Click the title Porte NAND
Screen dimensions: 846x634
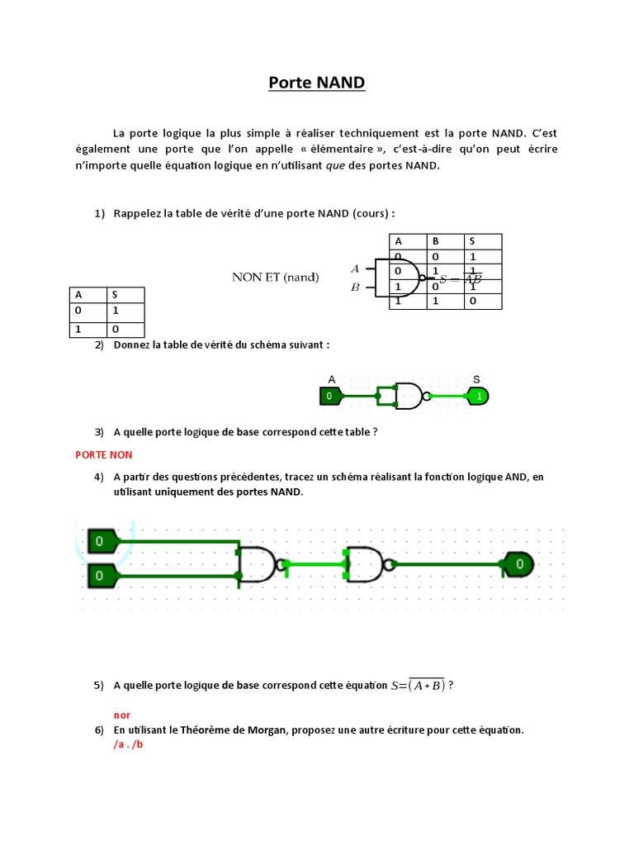point(317,83)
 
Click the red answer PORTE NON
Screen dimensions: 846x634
point(104,454)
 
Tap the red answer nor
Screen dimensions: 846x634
point(122,715)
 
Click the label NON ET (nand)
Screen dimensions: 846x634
point(275,277)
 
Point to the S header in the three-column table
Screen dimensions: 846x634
point(472,241)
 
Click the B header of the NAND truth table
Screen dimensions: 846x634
point(435,241)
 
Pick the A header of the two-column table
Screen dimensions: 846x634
point(79,294)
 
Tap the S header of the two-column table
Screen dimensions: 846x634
point(117,294)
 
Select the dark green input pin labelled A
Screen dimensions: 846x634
point(330,397)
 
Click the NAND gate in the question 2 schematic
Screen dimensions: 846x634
point(409,397)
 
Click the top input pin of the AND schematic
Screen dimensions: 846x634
point(102,542)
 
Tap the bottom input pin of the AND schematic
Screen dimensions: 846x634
point(102,574)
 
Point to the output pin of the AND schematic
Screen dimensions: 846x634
point(518,565)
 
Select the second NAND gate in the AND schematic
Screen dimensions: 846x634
point(368,565)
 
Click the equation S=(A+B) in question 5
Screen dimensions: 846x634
point(418,685)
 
